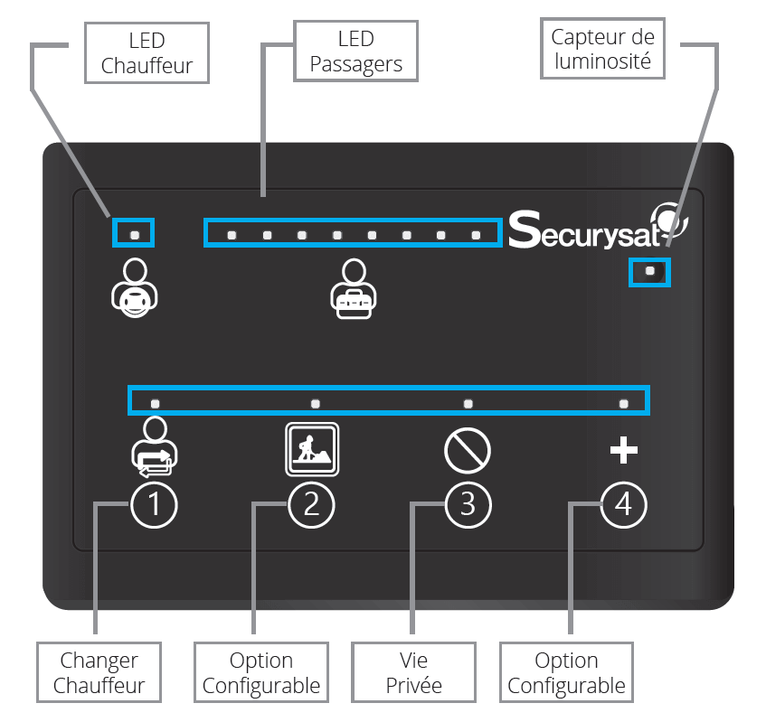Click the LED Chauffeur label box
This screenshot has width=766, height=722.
[x=147, y=52]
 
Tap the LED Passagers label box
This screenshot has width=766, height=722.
[x=355, y=51]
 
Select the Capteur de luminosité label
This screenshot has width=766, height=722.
[x=602, y=48]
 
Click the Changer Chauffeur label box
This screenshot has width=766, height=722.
[x=99, y=672]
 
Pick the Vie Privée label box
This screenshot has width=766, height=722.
[x=413, y=672]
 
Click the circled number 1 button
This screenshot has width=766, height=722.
[x=154, y=505]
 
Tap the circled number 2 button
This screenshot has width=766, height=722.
[x=312, y=505]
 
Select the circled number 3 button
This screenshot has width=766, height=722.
[x=468, y=505]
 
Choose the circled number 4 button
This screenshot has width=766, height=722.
[x=624, y=505]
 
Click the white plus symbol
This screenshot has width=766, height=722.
[x=624, y=450]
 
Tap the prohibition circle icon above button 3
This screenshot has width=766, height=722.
[x=468, y=451]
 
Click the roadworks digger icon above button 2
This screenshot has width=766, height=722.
[x=312, y=449]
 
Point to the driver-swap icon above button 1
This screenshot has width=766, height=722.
[x=155, y=446]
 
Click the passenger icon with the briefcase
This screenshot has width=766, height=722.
[x=354, y=288]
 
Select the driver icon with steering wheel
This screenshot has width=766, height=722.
[x=135, y=288]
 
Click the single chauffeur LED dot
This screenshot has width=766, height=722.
[x=135, y=235]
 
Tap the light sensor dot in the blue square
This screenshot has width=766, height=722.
[x=649, y=270]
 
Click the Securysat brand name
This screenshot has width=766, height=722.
[x=585, y=230]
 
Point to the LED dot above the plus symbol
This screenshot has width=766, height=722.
[x=624, y=404]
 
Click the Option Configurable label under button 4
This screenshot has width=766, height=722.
[x=566, y=672]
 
